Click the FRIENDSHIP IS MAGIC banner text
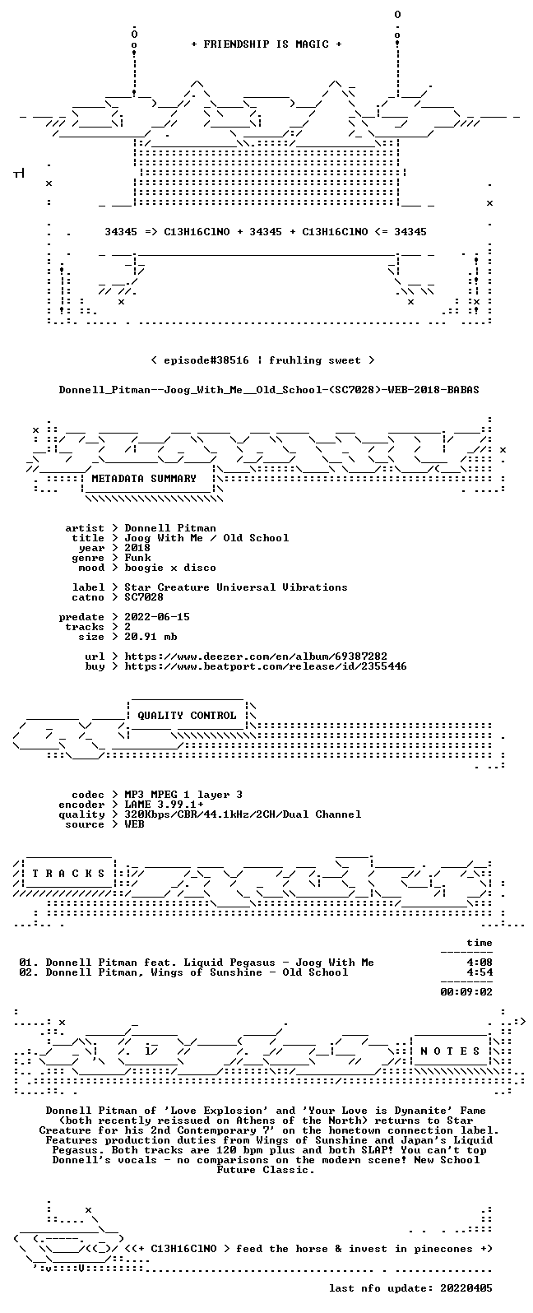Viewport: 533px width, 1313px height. [266, 44]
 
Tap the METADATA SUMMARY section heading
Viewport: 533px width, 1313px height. [144, 478]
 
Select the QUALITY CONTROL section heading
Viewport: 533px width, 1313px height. [187, 715]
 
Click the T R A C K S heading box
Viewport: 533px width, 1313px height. [68, 874]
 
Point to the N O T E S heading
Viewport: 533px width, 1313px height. [450, 1051]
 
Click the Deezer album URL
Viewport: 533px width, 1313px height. [256, 656]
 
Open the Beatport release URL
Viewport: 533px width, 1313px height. [266, 666]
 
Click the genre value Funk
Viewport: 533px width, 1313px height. [138, 558]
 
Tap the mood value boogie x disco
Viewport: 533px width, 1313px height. [170, 568]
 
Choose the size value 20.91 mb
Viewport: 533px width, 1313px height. [151, 637]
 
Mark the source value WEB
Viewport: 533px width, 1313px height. [134, 824]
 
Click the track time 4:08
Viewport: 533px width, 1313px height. [480, 962]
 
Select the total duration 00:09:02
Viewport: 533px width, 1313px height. [466, 992]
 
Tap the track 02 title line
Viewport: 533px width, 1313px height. [183, 972]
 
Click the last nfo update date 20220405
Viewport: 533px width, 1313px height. [466, 1287]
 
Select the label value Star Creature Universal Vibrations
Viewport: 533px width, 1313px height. [236, 587]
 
